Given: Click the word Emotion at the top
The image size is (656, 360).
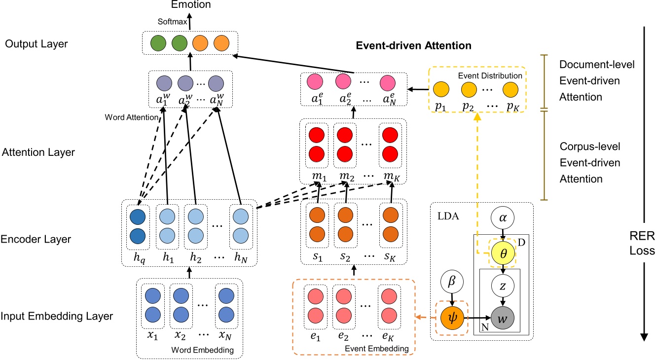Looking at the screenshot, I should pos(190,5).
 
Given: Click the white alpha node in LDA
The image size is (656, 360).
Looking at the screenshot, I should pos(502,217).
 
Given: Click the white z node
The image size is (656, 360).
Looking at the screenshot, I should pos(502,285).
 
